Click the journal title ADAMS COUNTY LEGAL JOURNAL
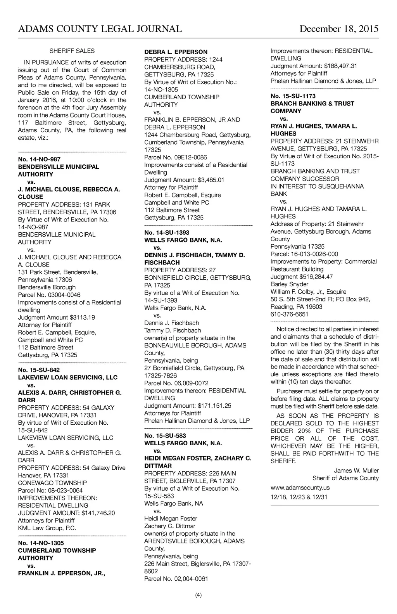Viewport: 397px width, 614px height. coord(100,29)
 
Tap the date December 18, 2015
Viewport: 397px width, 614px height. coord(339,29)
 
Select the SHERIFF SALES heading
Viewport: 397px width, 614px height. coord(72,51)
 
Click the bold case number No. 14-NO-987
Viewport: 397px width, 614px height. coord(39,159)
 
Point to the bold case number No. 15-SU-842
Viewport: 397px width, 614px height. coord(39,370)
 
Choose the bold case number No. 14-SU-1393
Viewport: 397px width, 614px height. coord(167,233)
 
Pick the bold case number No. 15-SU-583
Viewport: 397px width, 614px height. coord(165,436)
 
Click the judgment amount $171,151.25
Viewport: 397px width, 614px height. coord(214,406)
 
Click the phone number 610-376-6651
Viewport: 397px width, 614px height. coord(289,314)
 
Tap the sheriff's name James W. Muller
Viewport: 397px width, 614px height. coord(356,470)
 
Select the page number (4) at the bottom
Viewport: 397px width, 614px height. coord(198,595)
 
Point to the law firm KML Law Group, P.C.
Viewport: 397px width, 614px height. coord(47,528)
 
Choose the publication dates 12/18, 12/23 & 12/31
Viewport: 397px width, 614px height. coord(299,497)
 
